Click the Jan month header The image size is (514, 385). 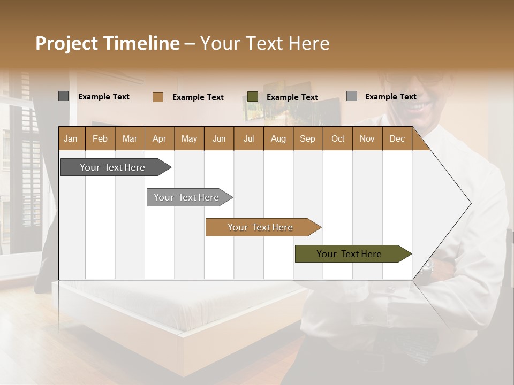71,138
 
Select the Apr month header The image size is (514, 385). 159,138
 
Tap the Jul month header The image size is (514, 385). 248,138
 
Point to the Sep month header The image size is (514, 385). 307,138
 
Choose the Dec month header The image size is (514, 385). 397,138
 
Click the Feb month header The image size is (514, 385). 100,138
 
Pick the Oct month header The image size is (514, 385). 337,138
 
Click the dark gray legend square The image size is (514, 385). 63,96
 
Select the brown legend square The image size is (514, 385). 157,97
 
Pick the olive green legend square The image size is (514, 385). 253,97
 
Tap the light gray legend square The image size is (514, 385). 351,96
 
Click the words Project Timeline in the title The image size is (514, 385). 107,43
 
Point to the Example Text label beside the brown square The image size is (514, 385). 198,97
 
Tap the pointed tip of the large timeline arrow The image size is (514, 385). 470,203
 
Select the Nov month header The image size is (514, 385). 367,138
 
